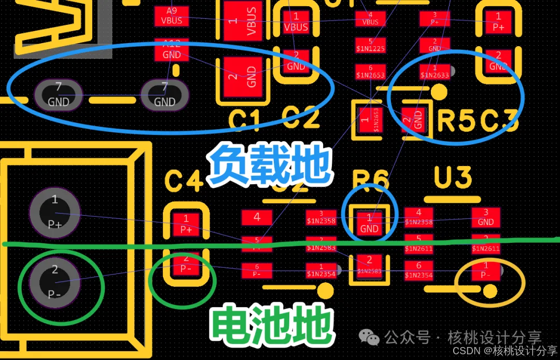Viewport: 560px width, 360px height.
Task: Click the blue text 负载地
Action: click(269, 164)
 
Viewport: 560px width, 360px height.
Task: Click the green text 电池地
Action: click(271, 326)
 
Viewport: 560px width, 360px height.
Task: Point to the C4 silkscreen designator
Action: click(183, 182)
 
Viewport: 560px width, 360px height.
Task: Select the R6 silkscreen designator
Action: click(370, 181)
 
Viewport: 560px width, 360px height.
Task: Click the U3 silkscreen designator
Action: click(453, 178)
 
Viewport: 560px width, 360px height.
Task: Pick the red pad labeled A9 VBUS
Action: click(172, 16)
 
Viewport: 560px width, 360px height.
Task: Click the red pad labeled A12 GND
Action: click(172, 50)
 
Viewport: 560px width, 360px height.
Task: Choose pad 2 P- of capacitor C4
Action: click(186, 265)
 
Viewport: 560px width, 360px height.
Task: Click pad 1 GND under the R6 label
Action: click(369, 224)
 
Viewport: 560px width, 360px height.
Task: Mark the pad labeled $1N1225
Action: click(370, 45)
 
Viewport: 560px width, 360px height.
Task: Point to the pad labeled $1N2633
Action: click(435, 72)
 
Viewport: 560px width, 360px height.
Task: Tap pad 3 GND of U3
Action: click(486, 218)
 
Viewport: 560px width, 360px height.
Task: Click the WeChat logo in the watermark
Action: click(373, 338)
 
